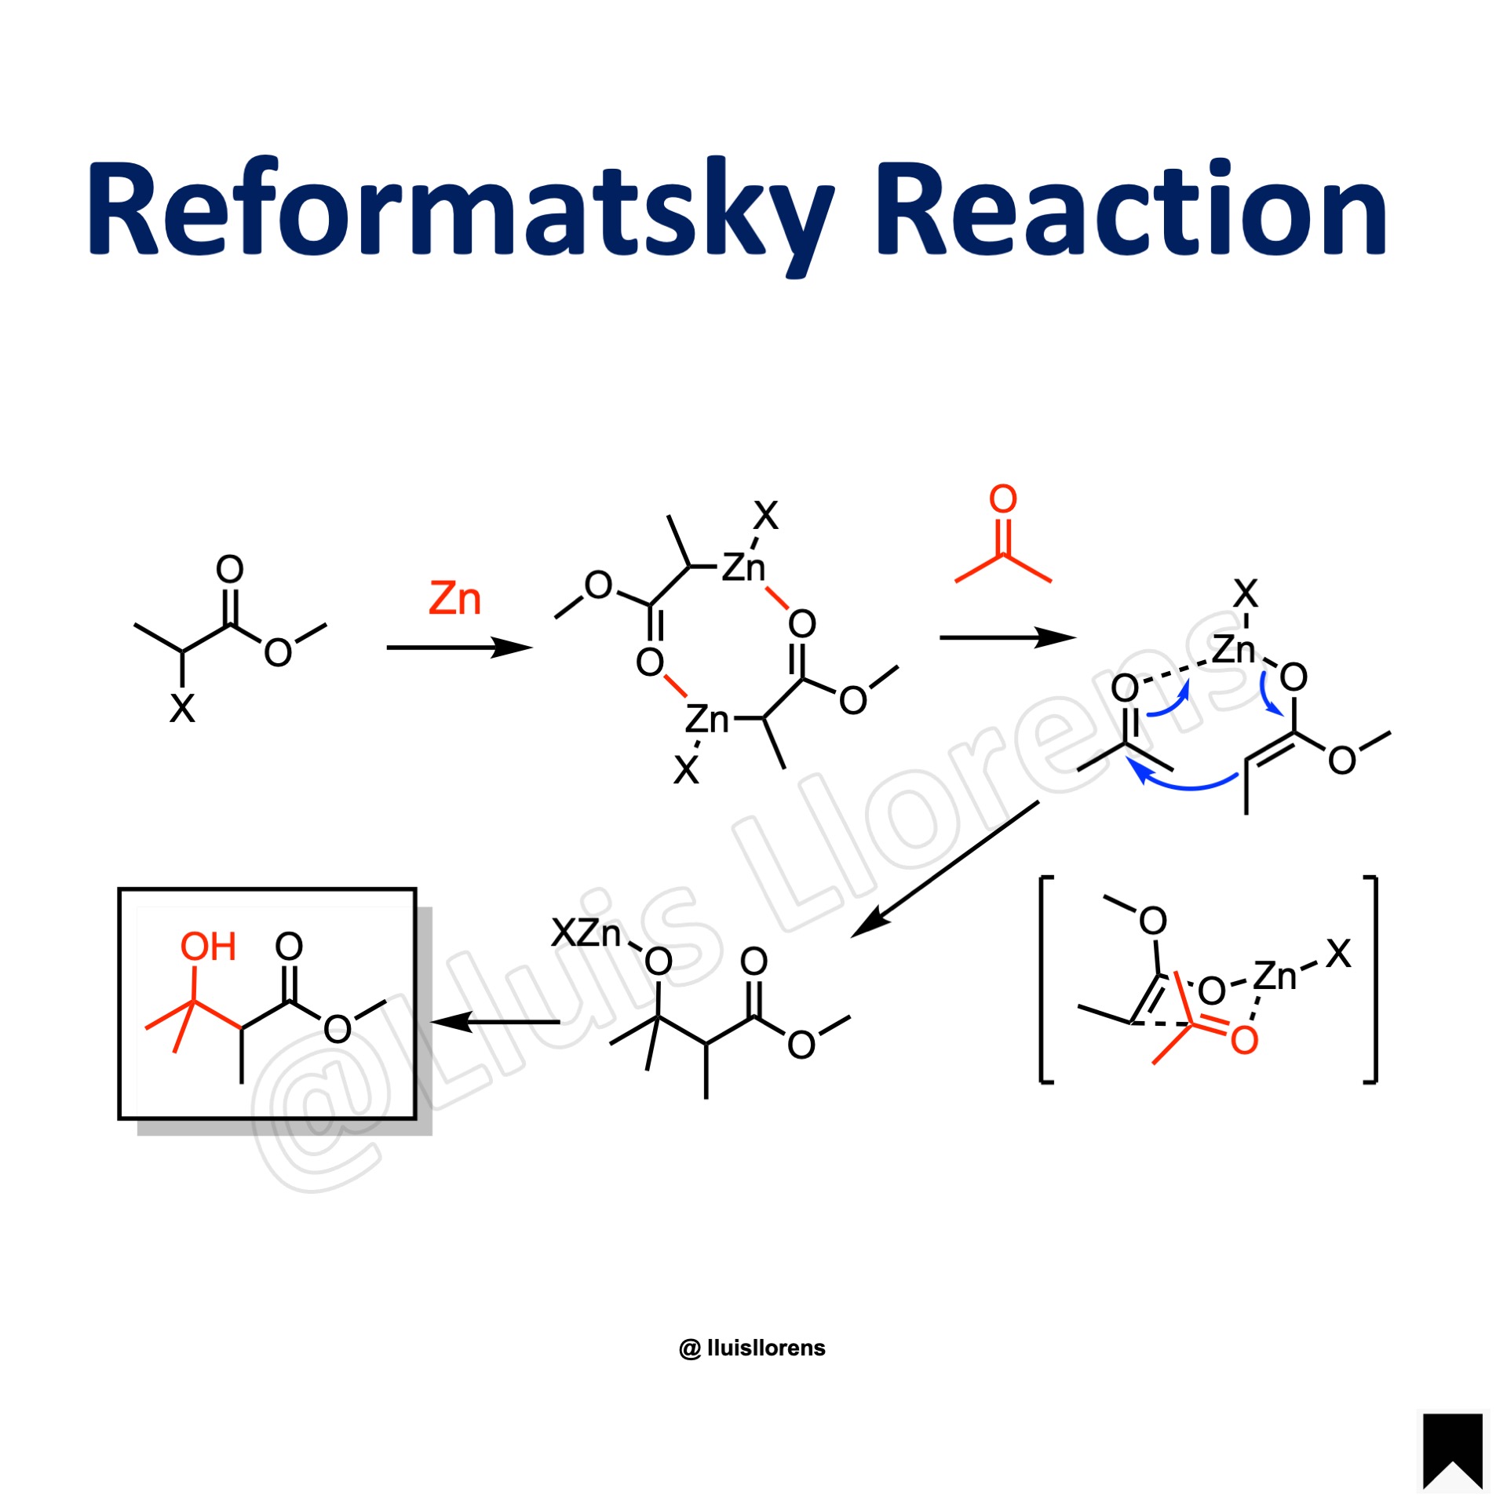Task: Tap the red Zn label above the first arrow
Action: pos(454,599)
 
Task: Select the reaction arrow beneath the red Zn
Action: pos(459,648)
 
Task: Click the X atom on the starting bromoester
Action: pos(182,708)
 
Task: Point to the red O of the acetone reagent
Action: pos(1002,499)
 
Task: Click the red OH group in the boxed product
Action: pos(208,947)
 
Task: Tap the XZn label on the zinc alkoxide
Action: pos(586,934)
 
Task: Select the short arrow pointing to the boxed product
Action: pos(496,1022)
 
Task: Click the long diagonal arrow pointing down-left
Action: pos(946,869)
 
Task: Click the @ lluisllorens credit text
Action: pos(752,1348)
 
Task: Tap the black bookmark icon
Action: pos(1452,1450)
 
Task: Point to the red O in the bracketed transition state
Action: pos(1244,1041)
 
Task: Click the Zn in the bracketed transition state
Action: pos(1275,976)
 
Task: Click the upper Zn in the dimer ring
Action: pos(743,567)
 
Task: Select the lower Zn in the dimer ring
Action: pos(706,719)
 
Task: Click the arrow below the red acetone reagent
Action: pos(1007,637)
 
